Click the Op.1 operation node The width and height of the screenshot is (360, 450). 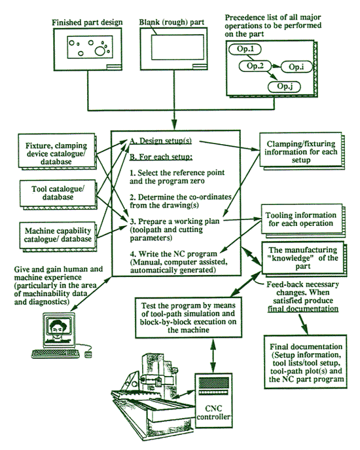[x=245, y=49]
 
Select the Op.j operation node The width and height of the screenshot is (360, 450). [x=284, y=86]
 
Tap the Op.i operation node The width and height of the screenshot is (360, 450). [x=296, y=67]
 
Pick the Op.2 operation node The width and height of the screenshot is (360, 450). [x=255, y=66]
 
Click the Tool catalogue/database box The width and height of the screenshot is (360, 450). [x=58, y=193]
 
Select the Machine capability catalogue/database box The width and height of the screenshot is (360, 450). [x=58, y=235]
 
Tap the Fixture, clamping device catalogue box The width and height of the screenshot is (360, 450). [x=56, y=151]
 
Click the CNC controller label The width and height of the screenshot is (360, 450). [x=213, y=413]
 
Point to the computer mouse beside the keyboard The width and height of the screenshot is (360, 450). [x=88, y=354]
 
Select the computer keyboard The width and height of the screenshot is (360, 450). [x=56, y=354]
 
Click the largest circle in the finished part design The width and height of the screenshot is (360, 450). [x=100, y=51]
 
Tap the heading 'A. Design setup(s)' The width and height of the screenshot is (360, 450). [x=161, y=141]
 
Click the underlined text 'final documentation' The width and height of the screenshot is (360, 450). [x=303, y=309]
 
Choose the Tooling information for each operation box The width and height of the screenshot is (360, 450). [x=301, y=219]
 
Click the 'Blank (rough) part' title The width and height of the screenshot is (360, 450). [x=171, y=22]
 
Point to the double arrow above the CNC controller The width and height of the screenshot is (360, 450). [x=213, y=356]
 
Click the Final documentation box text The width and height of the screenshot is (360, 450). [x=306, y=363]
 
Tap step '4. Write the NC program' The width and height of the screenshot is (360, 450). [x=173, y=254]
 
